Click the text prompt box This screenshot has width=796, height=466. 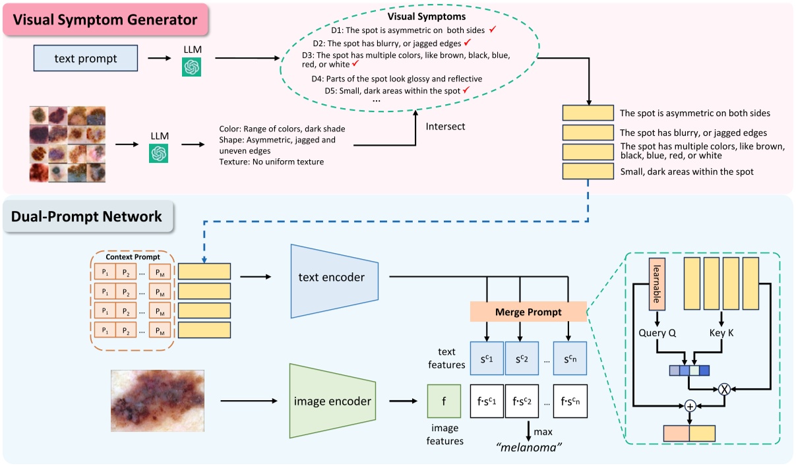click(x=86, y=58)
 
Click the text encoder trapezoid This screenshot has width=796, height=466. click(x=334, y=277)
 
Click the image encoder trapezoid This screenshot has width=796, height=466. click(x=332, y=401)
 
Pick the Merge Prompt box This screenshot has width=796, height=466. click(x=528, y=312)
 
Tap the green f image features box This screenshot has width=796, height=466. click(x=444, y=401)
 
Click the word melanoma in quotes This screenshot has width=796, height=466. click(x=528, y=448)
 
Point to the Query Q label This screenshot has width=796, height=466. click(x=658, y=333)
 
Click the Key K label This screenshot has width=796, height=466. click(x=722, y=333)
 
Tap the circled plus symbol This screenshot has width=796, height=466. click(x=690, y=405)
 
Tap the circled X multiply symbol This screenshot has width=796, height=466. click(x=723, y=388)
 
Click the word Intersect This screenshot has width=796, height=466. click(x=446, y=126)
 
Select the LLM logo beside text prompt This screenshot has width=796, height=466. click(x=191, y=66)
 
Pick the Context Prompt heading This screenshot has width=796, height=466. click(x=132, y=256)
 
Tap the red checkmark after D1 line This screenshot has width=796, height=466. click(x=491, y=30)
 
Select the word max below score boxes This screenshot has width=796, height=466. click(x=543, y=432)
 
